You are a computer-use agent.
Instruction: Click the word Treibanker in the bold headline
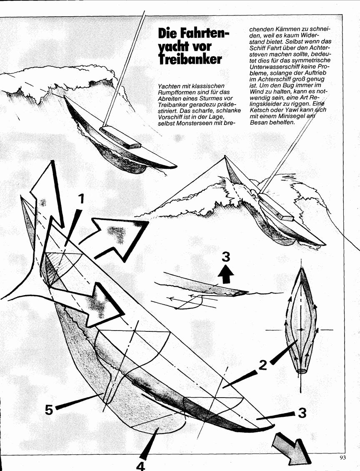[x=190, y=59]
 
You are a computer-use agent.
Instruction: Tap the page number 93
[x=343, y=458]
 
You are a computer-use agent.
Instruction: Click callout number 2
[x=262, y=365]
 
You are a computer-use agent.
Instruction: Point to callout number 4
[x=140, y=465]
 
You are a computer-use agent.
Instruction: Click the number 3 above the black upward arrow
[x=226, y=257]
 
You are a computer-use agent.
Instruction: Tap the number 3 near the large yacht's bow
[x=302, y=413]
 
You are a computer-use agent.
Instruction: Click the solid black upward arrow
[x=226, y=274]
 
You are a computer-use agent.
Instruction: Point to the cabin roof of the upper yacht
[x=120, y=137]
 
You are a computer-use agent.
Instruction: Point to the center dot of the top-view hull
[x=301, y=330]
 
